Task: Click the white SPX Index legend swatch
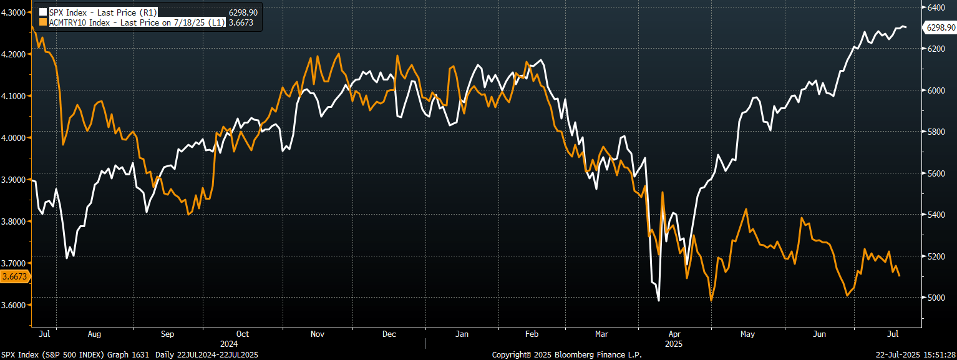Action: pos(43,12)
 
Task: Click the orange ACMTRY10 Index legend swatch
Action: pos(43,22)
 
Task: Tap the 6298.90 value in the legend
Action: pos(243,12)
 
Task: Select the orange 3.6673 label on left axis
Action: pos(14,276)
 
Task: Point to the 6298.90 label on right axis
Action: pos(941,27)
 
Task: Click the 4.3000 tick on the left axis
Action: pos(14,12)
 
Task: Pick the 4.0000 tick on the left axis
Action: pos(14,138)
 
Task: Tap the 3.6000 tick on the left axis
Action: pos(14,305)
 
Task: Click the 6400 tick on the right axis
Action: pos(935,7)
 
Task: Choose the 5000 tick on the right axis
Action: pos(935,298)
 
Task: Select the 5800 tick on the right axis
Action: pos(935,132)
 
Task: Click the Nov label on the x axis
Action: pos(317,334)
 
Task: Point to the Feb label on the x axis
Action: pos(532,334)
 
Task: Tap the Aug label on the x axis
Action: pos(94,334)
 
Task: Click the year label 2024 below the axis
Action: pos(229,344)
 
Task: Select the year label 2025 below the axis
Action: pos(674,344)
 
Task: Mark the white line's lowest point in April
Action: pos(659,301)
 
